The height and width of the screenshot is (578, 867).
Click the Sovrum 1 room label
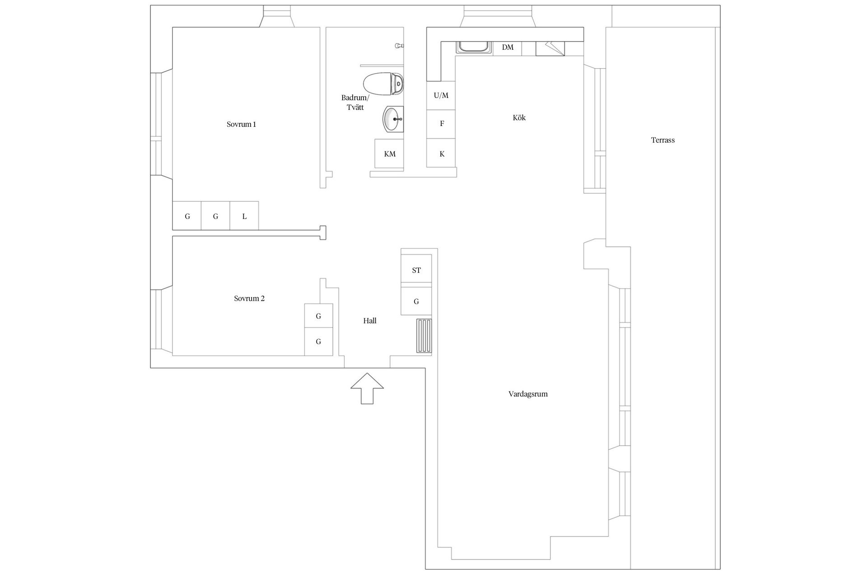(241, 124)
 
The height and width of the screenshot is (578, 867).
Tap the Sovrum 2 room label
(249, 298)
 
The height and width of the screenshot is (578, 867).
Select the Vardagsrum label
(528, 394)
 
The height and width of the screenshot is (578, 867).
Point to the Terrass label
(662, 140)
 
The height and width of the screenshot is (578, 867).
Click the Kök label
(519, 118)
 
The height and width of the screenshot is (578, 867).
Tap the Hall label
(370, 321)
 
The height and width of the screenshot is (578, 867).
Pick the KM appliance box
(389, 154)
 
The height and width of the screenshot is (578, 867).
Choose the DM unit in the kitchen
(508, 47)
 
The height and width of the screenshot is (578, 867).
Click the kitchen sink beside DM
(474, 47)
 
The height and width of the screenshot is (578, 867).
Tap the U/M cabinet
(441, 95)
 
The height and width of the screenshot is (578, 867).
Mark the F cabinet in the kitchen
(442, 124)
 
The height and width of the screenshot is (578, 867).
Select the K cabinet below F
(442, 154)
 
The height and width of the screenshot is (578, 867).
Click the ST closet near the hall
(416, 270)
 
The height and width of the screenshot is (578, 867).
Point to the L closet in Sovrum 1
(244, 216)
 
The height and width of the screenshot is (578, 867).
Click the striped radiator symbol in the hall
(424, 336)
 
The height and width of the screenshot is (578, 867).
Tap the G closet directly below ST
(416, 301)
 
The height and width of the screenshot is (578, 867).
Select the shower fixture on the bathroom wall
(399, 46)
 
